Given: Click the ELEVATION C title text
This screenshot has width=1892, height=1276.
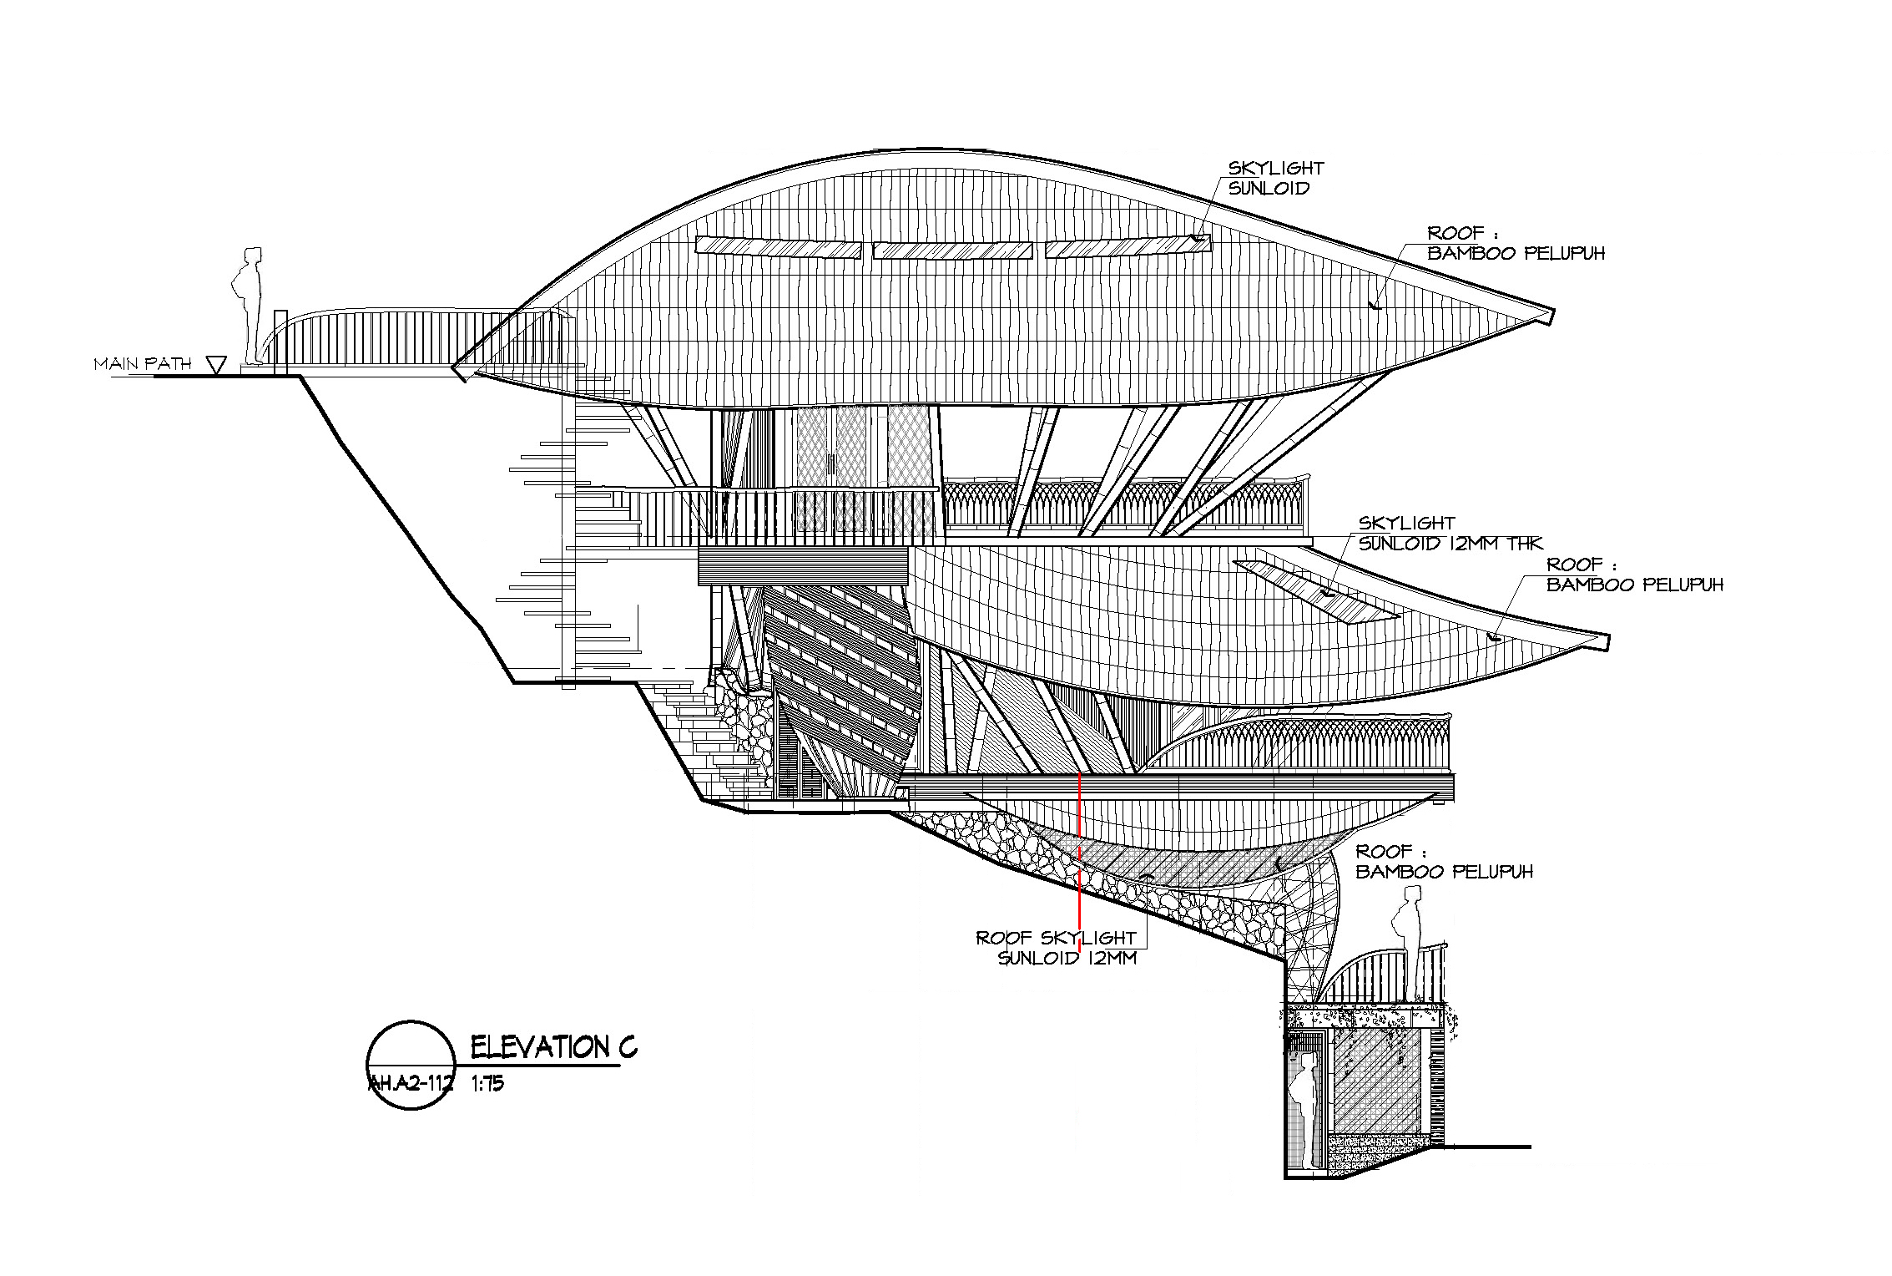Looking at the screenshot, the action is click(553, 1046).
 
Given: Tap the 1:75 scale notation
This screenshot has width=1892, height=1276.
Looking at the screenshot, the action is click(487, 1085).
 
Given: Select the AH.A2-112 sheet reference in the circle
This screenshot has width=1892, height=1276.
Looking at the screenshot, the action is click(411, 1085).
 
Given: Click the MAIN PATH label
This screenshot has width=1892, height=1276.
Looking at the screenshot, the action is click(143, 363).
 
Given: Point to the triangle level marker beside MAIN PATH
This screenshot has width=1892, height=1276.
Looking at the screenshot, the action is click(216, 365).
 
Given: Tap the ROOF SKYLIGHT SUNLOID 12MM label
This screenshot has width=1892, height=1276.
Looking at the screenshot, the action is click(1057, 948).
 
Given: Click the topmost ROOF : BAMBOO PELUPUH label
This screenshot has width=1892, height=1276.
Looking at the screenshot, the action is click(1516, 243).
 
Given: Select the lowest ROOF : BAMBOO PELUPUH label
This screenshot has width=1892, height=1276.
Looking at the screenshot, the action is click(1444, 861).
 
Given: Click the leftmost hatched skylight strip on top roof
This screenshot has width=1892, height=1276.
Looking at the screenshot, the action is click(778, 247).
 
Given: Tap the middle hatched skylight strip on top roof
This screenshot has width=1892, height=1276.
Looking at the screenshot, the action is click(953, 251).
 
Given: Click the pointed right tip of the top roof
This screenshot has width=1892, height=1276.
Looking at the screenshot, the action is click(1554, 315).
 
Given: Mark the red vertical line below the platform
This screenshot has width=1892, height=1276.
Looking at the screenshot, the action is click(1080, 863).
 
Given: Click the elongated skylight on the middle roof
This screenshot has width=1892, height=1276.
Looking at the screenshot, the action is click(1316, 590).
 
